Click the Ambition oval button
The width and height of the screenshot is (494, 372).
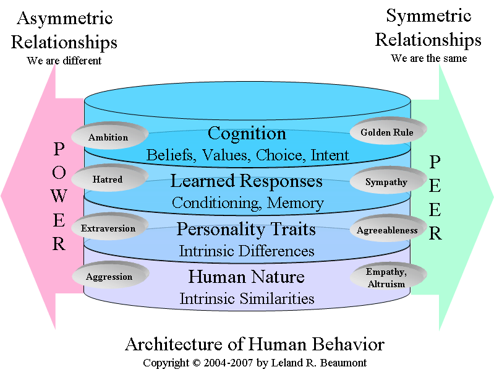[108, 137]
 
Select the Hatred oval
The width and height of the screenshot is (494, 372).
[108, 180]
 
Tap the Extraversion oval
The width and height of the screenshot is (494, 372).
[108, 228]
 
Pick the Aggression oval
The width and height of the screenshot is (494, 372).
[109, 276]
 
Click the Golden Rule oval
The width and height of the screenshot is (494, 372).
[386, 132]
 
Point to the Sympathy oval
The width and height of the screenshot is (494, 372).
[386, 182]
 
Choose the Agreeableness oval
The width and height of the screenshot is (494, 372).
[387, 230]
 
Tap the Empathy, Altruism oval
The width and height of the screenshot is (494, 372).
[386, 277]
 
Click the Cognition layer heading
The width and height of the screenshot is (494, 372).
[247, 134]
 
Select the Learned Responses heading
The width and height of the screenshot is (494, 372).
[247, 181]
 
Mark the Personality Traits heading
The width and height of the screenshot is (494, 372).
[246, 230]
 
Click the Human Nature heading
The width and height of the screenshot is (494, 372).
[246, 277]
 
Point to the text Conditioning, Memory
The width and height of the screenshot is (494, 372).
[247, 202]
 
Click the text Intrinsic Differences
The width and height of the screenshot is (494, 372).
[247, 251]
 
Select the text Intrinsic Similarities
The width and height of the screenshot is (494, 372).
[247, 298]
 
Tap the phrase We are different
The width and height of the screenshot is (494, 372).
[64, 61]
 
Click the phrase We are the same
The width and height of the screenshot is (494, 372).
[428, 58]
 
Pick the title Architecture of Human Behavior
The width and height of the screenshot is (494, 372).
[254, 344]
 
